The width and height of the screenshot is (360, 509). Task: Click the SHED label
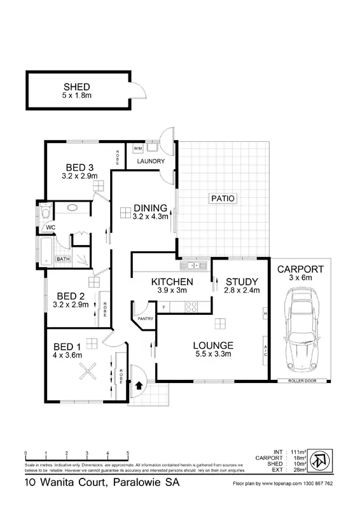[76, 87]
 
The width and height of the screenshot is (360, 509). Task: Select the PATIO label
[223, 199]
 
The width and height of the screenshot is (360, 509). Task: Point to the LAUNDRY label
[151, 161]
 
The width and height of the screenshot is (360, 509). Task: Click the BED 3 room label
[79, 167]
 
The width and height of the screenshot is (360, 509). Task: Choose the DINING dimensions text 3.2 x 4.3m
[151, 216]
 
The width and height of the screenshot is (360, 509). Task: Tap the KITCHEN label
[172, 282]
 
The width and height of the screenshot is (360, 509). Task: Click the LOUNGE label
[214, 345]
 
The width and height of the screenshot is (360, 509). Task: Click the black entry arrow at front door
[138, 385]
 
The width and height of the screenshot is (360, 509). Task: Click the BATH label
[62, 259]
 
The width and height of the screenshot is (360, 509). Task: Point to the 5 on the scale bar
[128, 453]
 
